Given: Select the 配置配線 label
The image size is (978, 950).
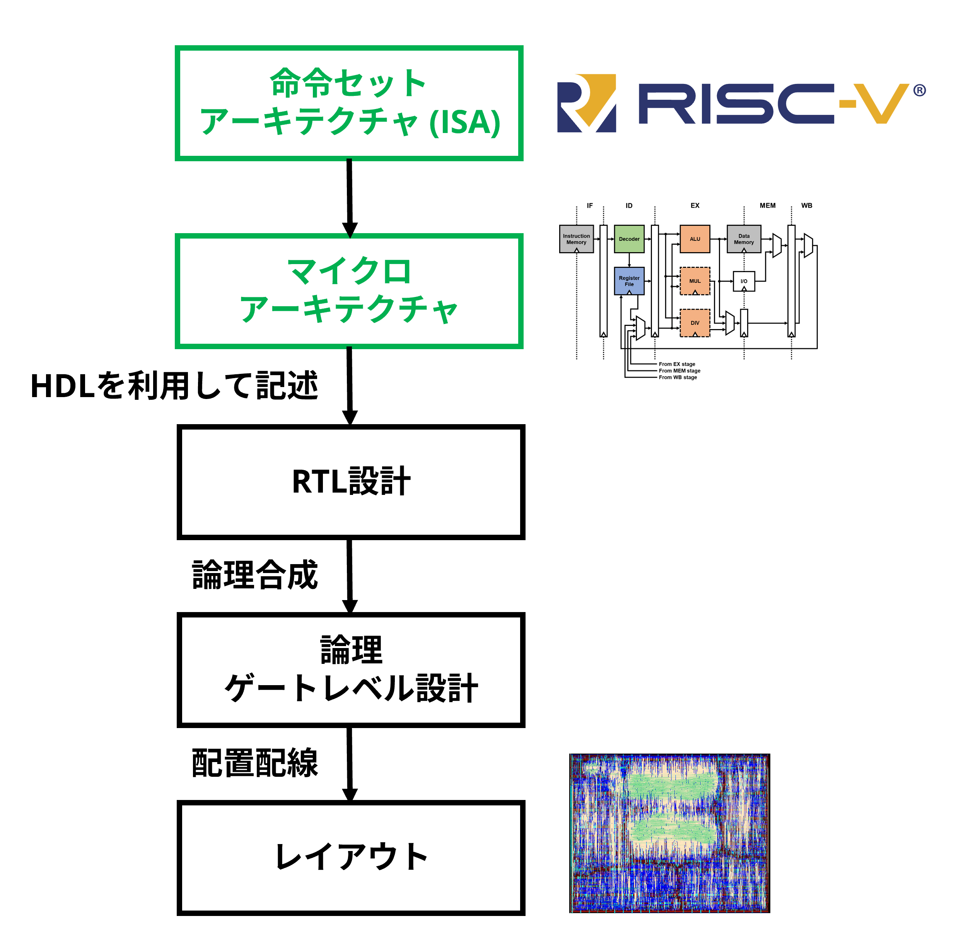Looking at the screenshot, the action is tap(255, 762).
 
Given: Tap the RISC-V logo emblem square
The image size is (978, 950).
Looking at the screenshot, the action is tap(586, 103).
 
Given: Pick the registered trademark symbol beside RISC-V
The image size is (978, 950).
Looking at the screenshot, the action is tap(920, 90).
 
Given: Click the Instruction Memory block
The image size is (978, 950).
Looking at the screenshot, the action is tap(576, 239).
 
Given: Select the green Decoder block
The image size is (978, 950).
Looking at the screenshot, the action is tap(629, 239).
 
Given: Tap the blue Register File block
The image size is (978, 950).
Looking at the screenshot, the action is tap(629, 281).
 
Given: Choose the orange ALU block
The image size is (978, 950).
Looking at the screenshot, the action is tap(695, 239).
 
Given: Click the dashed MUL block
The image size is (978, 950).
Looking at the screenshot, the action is tap(695, 281).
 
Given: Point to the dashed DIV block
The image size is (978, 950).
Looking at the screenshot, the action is tap(695, 323).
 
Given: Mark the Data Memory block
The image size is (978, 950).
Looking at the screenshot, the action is tap(744, 239).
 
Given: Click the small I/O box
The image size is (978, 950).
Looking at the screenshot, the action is tap(744, 281).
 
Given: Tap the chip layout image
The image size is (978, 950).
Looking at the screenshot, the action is tap(670, 833).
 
